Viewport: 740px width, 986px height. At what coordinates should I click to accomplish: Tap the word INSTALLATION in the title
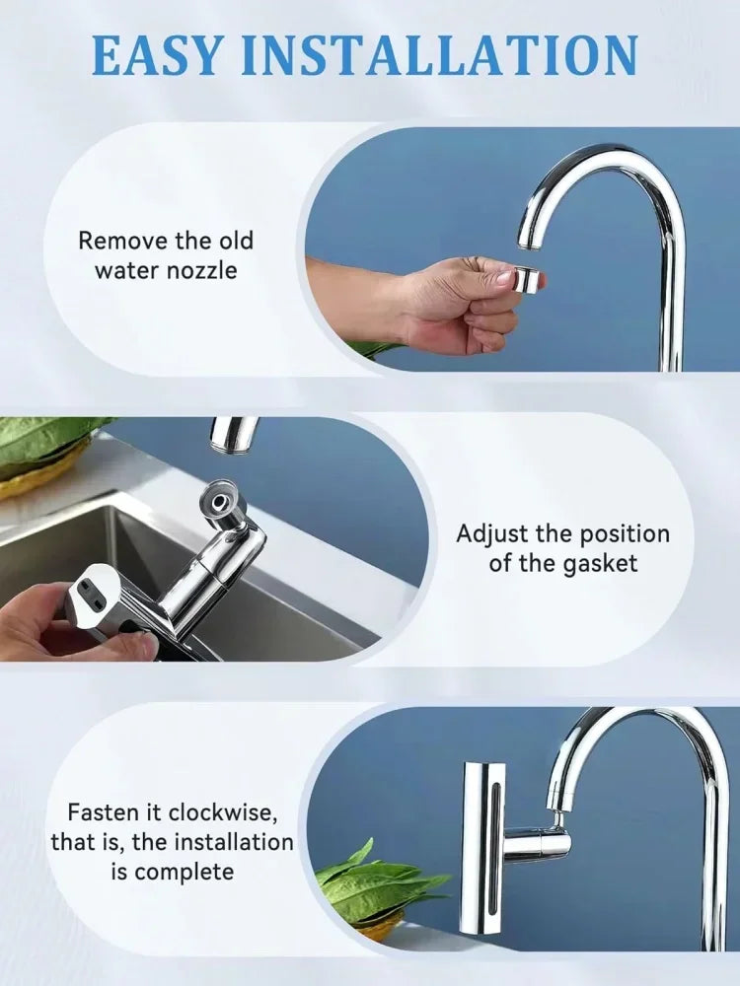[x=440, y=55]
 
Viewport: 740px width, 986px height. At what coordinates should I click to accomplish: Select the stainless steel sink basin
[x=79, y=552]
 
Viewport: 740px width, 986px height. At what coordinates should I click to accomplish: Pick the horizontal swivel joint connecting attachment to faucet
[x=539, y=844]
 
